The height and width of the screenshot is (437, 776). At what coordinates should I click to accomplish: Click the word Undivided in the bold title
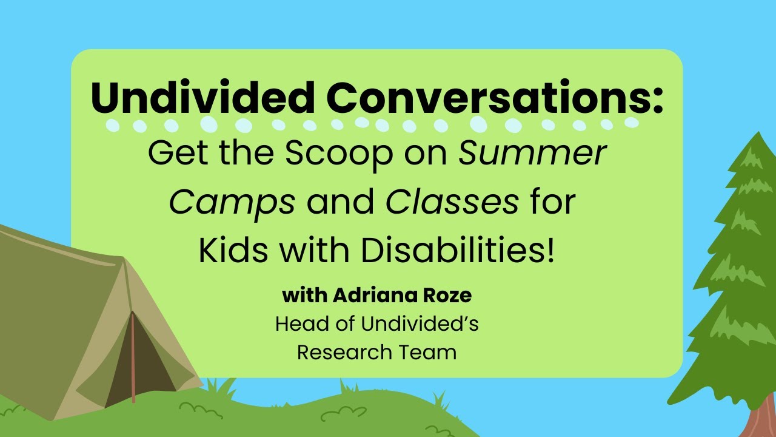pos(202,97)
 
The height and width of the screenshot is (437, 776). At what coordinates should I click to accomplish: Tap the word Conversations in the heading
pos(486,97)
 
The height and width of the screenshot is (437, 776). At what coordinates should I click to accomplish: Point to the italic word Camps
pos(232,203)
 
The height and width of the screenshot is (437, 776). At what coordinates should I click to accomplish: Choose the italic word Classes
pos(452,202)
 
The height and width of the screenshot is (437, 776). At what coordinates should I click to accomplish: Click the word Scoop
pos(339,155)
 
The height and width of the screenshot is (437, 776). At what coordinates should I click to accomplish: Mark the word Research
pos(344,352)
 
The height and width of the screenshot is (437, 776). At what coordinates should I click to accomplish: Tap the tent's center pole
pos(133,357)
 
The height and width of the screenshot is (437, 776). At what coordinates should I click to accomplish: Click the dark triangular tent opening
pos(142,368)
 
